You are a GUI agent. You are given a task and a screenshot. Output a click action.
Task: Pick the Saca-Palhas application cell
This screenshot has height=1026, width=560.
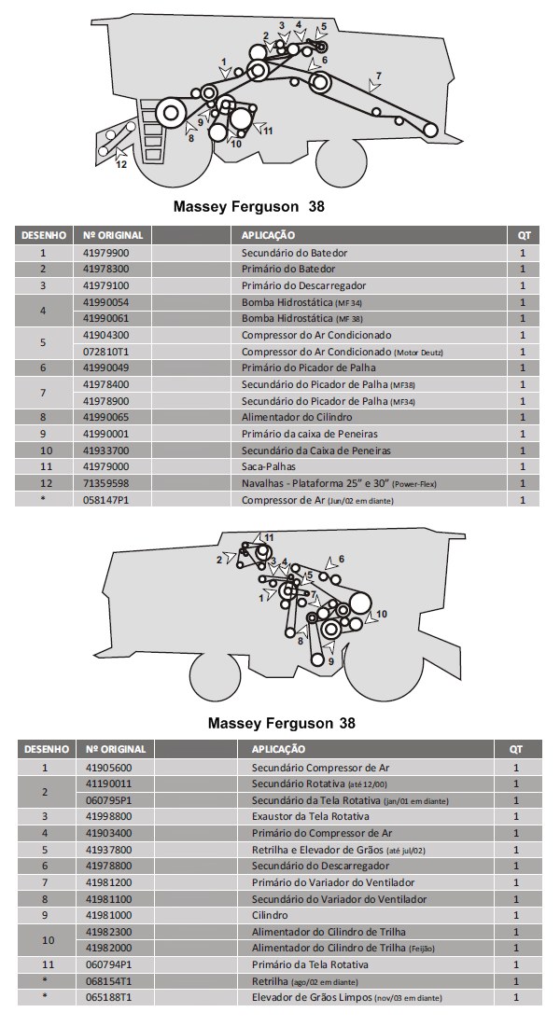(272, 466)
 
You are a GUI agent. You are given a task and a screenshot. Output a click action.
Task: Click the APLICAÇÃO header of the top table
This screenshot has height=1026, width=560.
(269, 235)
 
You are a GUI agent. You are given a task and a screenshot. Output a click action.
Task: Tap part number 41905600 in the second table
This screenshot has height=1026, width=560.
(109, 767)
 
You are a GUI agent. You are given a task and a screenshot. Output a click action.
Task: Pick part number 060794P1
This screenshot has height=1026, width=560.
(109, 964)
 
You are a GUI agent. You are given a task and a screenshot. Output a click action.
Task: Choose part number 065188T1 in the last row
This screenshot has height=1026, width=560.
(109, 998)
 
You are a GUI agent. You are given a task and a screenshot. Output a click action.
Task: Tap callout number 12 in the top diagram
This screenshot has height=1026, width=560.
(121, 165)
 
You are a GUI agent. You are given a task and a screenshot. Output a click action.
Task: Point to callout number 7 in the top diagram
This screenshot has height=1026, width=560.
(378, 75)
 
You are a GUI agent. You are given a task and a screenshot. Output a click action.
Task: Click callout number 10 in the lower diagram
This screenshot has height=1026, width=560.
(382, 613)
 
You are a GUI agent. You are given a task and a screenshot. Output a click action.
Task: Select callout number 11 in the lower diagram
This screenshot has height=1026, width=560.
(269, 538)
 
